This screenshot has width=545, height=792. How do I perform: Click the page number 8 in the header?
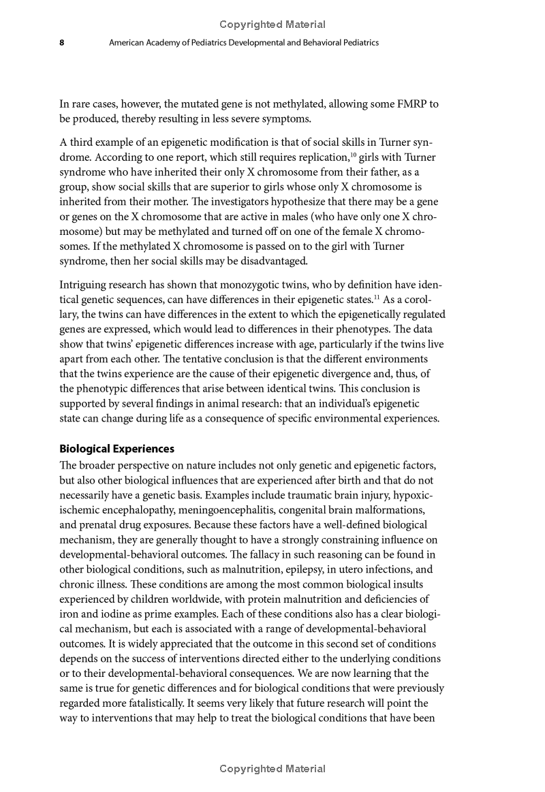(62, 42)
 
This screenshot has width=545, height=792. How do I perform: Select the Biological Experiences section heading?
(116, 449)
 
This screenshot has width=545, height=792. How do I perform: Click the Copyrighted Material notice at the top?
(272, 25)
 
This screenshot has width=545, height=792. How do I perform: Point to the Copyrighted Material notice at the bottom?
(272, 769)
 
